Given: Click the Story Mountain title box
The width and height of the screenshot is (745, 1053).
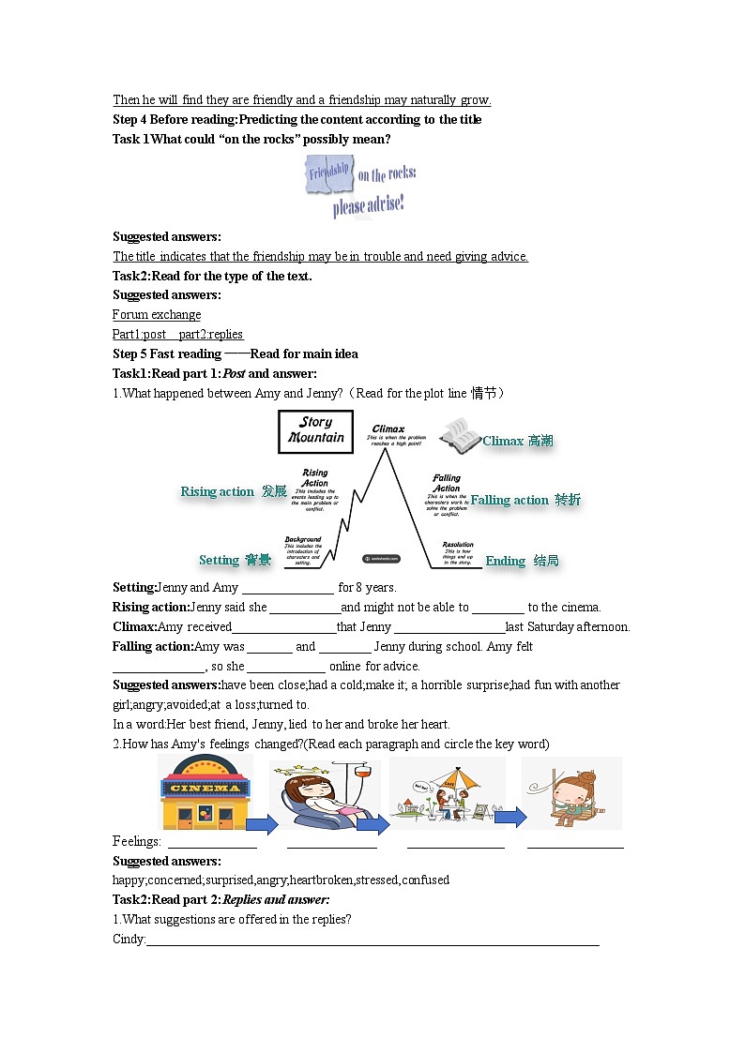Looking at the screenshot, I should (x=315, y=430).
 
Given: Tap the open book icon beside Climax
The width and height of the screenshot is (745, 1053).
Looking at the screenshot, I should (x=460, y=434).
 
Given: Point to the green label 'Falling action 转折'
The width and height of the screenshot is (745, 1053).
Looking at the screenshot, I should (x=525, y=500).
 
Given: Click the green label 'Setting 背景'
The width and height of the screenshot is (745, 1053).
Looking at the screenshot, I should (x=235, y=560).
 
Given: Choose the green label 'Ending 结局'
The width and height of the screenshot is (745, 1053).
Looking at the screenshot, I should (x=522, y=561).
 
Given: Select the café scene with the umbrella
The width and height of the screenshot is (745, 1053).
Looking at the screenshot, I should (x=447, y=793).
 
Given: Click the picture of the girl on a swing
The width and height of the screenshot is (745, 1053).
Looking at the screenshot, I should (x=571, y=793).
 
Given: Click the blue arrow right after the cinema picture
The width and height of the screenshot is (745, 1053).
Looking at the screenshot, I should (x=263, y=824).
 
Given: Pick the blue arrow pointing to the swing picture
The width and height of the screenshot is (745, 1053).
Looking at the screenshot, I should (x=510, y=818).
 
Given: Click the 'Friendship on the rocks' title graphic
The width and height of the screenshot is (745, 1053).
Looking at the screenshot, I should (x=359, y=186).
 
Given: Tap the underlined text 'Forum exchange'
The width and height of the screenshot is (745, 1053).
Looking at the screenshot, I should (x=157, y=314).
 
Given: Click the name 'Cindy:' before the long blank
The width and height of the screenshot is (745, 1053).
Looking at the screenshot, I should (x=129, y=939).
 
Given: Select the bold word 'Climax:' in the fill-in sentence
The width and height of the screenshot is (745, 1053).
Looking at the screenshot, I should (x=134, y=626).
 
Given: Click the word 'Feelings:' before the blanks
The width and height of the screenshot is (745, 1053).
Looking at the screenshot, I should (x=136, y=841).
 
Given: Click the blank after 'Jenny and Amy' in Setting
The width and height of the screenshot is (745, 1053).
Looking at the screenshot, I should (x=287, y=588).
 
